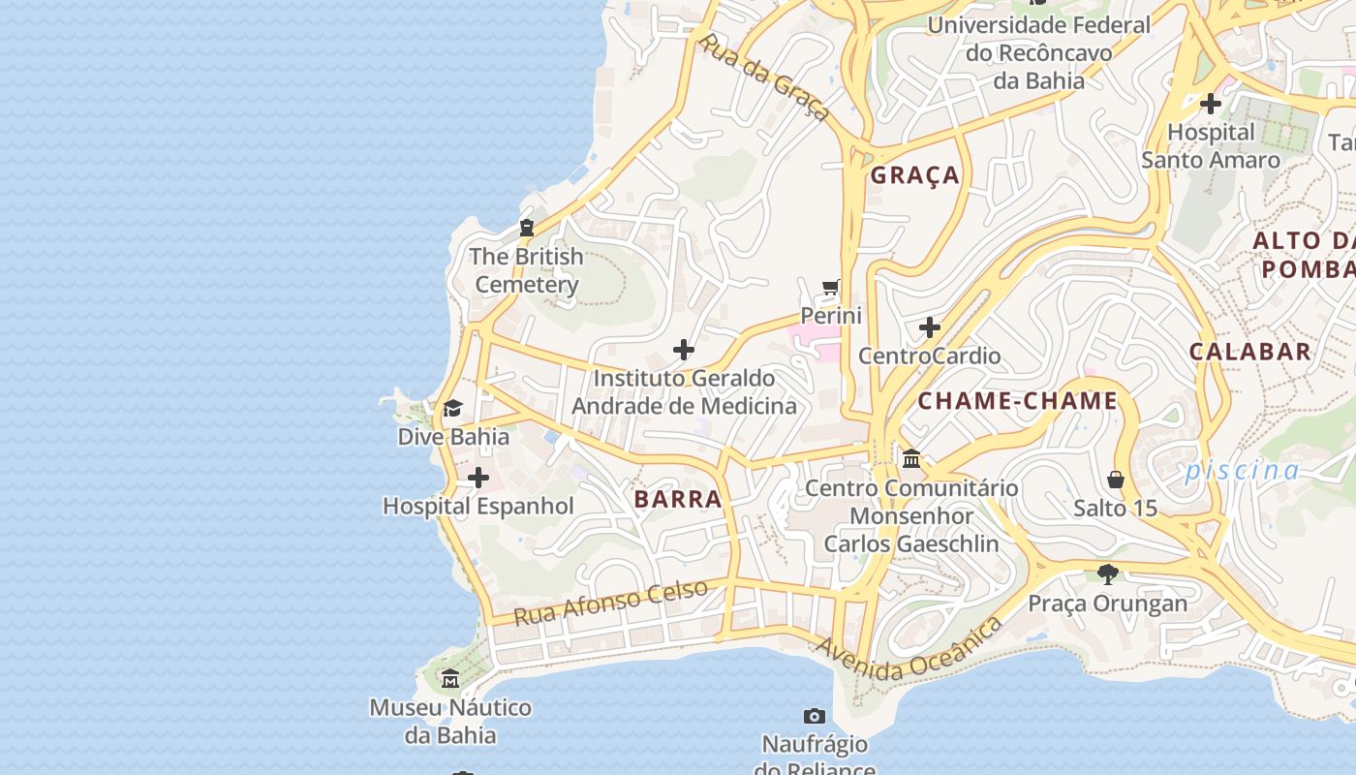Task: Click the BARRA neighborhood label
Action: coord(678,499)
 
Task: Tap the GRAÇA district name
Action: coord(914,175)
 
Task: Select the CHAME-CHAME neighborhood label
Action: coord(1017,401)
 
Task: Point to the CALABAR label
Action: coord(1249,352)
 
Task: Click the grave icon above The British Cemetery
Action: coord(526,228)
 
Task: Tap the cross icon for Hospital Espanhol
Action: coord(478,478)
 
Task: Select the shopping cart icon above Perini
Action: coord(830,287)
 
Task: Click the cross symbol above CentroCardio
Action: coord(930,327)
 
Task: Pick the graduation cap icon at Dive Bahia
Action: coord(452,408)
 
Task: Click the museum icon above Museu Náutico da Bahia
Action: coord(450,678)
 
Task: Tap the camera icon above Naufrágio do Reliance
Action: coord(815,716)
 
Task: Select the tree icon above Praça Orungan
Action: coord(1108,574)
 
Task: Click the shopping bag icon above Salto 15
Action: coord(1116,480)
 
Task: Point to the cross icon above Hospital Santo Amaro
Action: coord(1210,103)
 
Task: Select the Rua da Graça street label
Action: coord(764,77)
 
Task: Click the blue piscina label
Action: coord(1243,471)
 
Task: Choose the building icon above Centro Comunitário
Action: coord(910,458)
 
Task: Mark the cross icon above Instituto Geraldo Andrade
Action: coord(684,349)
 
